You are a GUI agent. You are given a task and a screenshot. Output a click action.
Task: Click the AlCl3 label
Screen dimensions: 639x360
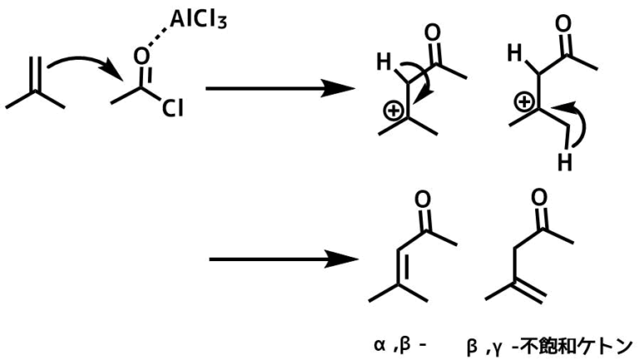click(x=198, y=19)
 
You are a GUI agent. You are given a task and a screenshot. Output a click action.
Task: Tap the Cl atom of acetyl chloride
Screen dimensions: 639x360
click(x=172, y=108)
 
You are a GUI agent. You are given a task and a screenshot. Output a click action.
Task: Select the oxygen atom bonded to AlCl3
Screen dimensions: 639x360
click(x=141, y=57)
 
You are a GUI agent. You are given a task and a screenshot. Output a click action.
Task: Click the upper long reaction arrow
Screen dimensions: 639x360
click(x=280, y=88)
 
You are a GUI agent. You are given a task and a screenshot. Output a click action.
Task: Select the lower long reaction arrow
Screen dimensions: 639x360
click(x=284, y=259)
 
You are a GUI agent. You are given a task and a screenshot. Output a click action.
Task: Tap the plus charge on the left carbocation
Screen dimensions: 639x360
click(x=394, y=110)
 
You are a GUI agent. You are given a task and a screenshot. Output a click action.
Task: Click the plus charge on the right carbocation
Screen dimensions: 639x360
click(x=523, y=101)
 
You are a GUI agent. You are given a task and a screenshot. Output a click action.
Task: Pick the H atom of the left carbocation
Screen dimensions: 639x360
click(x=384, y=62)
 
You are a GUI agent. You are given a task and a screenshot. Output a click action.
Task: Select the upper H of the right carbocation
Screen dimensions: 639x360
click(x=515, y=53)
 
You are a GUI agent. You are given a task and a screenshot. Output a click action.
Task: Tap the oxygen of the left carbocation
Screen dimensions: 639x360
click(x=433, y=33)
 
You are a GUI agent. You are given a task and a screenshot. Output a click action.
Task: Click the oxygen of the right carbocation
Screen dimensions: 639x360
click(x=563, y=24)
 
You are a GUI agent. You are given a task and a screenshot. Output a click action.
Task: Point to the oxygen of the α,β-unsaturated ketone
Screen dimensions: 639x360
click(x=422, y=200)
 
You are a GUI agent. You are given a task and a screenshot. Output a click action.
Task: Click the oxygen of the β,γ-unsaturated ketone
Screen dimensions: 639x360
click(x=539, y=198)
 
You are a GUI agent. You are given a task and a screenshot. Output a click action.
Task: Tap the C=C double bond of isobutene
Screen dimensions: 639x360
click(x=36, y=75)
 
